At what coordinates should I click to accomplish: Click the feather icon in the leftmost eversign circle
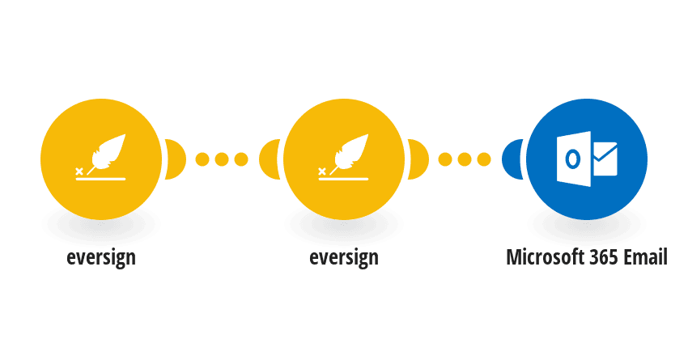pos(108,153)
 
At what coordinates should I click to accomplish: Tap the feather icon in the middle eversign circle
pos(351,153)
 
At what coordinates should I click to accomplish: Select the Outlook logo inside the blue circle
pos(587,159)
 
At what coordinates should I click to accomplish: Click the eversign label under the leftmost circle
pos(101,257)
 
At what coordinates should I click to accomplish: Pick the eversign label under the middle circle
pos(343,257)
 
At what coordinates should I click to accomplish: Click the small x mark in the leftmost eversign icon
pos(79,172)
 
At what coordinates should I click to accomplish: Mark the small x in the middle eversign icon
pos(321,172)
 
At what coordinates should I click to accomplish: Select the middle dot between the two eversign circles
pos(222,159)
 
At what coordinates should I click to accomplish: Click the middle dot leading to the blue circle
pos(465,159)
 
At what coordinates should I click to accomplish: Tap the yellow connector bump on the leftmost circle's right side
pos(176,159)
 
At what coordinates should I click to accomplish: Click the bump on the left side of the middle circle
pos(269,159)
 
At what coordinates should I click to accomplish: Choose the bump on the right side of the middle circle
pos(418,159)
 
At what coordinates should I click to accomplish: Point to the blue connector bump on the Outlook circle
pos(512,159)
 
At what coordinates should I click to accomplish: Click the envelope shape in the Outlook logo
pos(605,159)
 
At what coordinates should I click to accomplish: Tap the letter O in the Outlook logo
pos(572,159)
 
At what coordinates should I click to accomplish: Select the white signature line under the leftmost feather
pos(100,179)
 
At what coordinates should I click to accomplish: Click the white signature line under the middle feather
pos(343,179)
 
